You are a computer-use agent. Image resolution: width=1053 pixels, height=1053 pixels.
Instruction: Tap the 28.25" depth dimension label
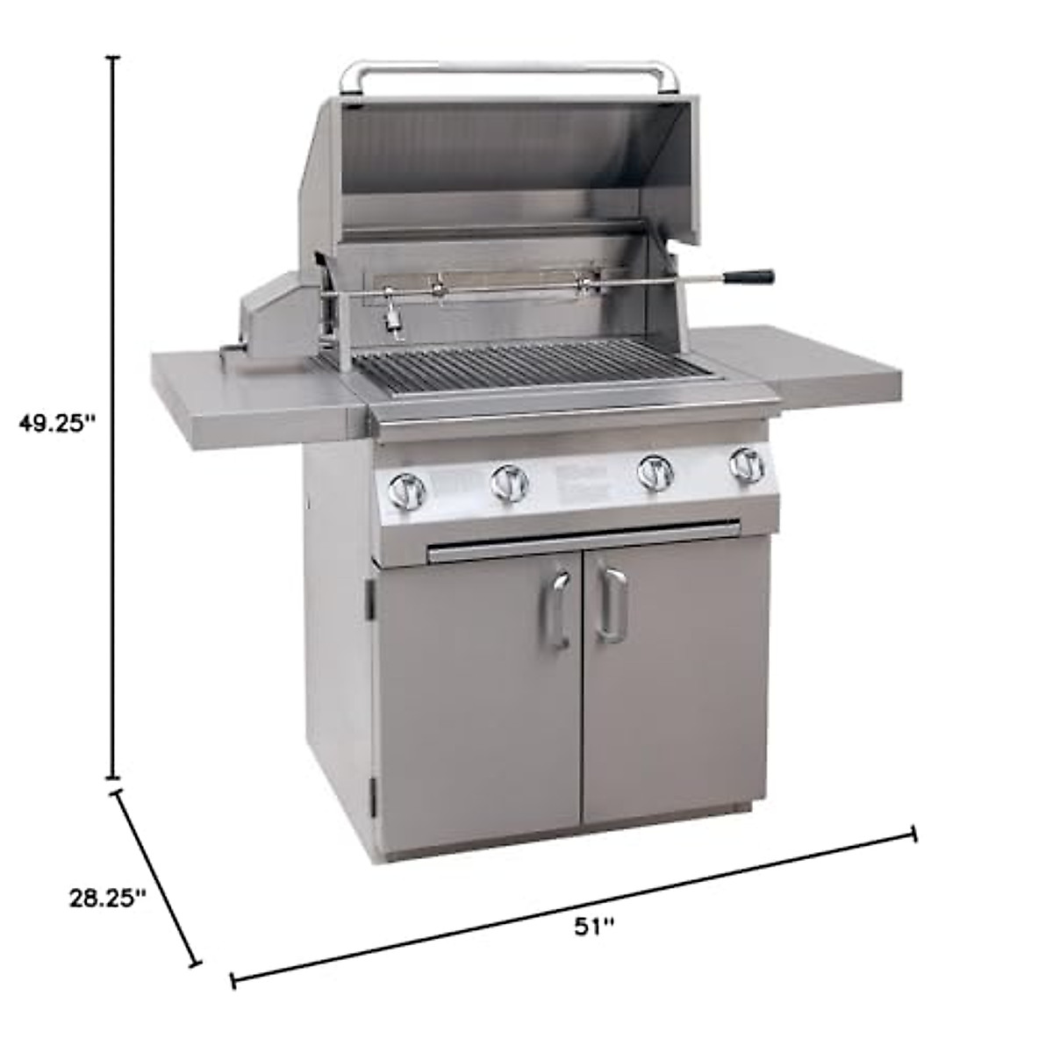pyautogui.click(x=108, y=898)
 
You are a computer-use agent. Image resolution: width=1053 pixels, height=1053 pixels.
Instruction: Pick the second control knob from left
pyautogui.click(x=509, y=483)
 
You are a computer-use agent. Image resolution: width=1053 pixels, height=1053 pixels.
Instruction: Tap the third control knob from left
pyautogui.click(x=656, y=472)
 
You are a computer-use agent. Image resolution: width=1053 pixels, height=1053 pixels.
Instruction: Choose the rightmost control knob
pyautogui.click(x=748, y=465)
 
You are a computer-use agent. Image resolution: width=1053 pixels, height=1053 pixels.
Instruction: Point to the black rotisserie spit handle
pyautogui.click(x=749, y=277)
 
